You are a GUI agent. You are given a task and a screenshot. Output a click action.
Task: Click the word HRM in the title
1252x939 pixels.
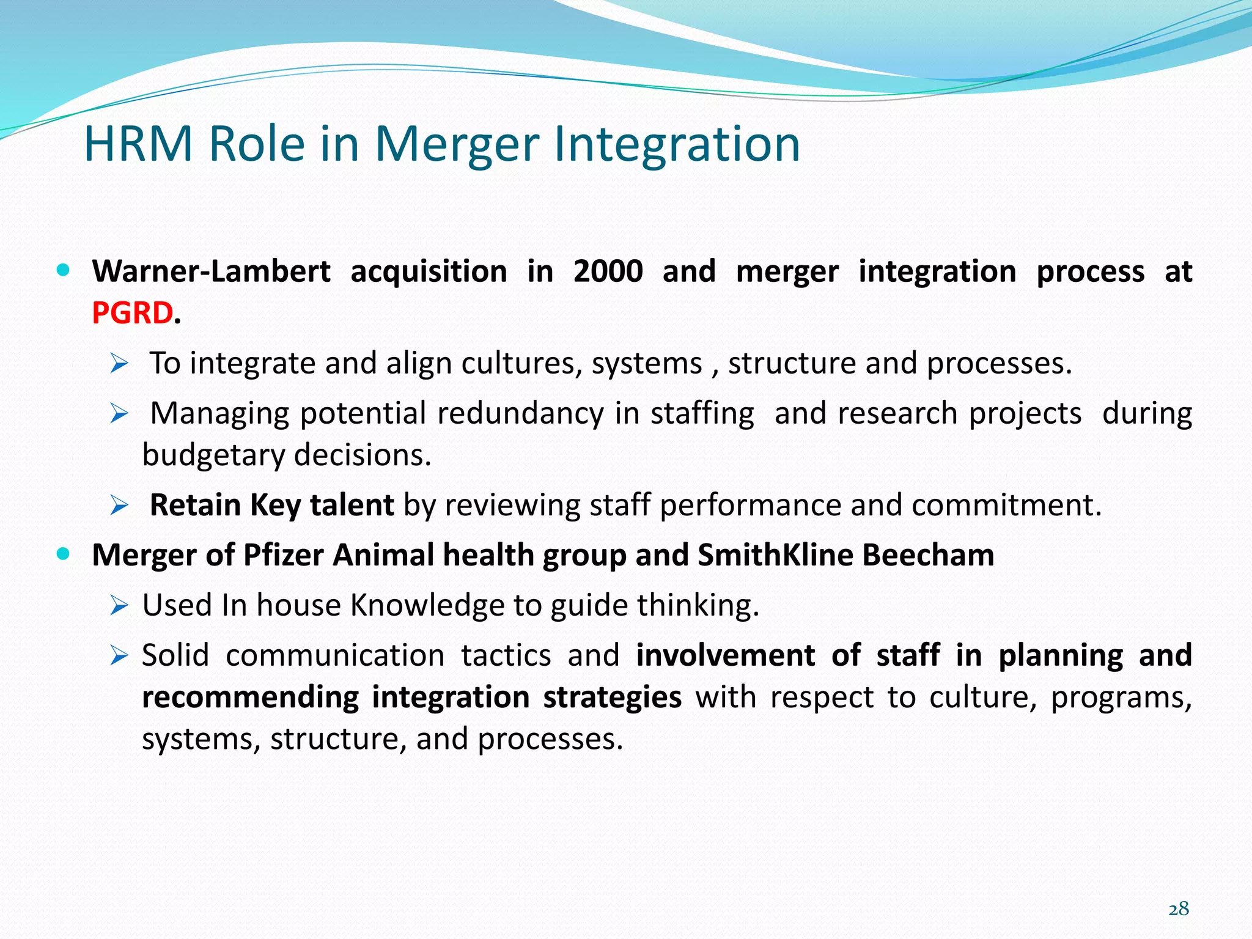click(138, 144)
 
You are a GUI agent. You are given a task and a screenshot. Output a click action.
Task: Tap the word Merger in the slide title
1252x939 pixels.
click(457, 144)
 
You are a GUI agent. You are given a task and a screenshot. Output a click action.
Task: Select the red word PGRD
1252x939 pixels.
click(133, 313)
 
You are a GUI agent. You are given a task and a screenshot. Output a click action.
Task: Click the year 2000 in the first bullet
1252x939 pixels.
click(608, 271)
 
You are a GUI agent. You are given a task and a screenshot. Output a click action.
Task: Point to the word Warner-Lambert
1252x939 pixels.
click(211, 271)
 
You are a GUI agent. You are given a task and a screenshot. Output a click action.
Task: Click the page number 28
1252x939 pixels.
click(1178, 908)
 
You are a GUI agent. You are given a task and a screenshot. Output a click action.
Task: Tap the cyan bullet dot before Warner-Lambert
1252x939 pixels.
click(63, 270)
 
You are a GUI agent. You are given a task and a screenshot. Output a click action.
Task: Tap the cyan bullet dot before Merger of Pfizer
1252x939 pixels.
click(63, 554)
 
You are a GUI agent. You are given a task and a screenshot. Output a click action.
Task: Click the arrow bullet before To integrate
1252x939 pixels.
click(119, 364)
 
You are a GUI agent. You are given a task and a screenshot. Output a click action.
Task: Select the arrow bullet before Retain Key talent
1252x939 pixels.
click(119, 506)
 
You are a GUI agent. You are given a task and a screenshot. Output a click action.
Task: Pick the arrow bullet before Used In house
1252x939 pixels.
click(119, 606)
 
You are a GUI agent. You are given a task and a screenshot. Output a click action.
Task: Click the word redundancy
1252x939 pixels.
click(521, 414)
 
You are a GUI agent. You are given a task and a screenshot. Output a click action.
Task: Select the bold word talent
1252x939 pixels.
click(352, 506)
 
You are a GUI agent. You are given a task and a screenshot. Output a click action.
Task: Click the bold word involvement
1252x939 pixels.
click(725, 655)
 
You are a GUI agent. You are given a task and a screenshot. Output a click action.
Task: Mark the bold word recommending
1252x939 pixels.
click(250, 698)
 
